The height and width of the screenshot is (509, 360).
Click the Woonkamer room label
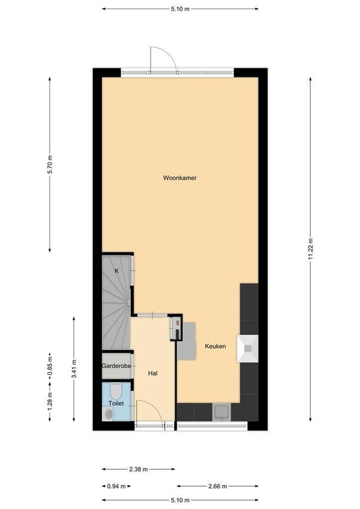coord(179,178)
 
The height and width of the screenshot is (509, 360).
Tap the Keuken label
coord(215,346)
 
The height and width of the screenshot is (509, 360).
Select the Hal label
coord(153,374)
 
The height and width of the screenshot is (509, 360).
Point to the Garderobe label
coord(116,366)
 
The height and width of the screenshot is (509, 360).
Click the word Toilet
coord(116,403)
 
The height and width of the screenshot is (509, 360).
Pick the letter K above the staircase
coord(116,271)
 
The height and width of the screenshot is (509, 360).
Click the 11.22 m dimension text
coord(311,249)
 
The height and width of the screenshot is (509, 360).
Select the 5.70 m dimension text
coord(50,165)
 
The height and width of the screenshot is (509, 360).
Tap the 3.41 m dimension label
coord(74,369)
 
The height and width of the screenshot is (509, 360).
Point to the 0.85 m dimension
coord(50,366)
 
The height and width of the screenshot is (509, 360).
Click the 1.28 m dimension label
coord(50,401)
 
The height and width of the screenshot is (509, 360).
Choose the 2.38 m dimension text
coord(139,469)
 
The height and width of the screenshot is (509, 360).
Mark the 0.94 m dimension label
coord(116,486)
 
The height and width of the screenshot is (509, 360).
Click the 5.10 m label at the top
coord(180,9)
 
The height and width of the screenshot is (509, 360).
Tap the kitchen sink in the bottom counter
coord(222,412)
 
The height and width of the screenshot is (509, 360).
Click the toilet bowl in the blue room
coord(115,391)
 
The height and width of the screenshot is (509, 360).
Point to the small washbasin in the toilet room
coord(107,414)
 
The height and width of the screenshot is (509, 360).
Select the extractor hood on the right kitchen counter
coord(248,349)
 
